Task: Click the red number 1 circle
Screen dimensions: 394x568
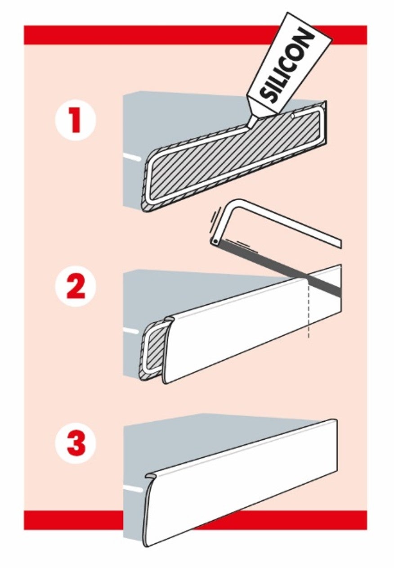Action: [x=76, y=121]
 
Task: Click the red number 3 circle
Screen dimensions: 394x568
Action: [x=76, y=443]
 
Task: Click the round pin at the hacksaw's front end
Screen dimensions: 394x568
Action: [x=215, y=242]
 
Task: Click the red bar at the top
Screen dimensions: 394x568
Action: [x=195, y=35]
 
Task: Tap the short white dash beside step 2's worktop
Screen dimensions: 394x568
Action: [x=131, y=331]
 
